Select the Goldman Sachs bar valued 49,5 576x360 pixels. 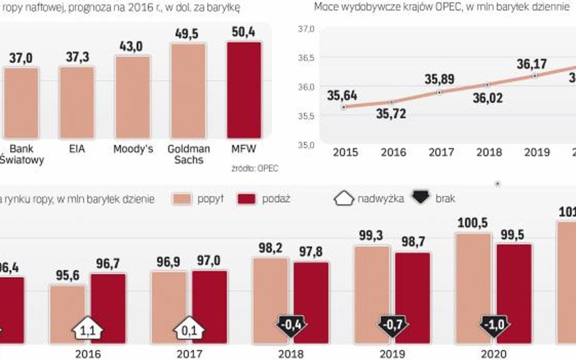(188, 90)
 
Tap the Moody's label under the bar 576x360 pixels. (132, 149)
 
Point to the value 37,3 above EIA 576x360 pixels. (77, 57)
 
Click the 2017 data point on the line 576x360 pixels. (439, 93)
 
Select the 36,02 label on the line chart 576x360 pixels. (487, 98)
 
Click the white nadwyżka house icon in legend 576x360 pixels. (344, 199)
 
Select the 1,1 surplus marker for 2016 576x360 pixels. (87, 330)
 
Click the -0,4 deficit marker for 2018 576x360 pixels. (289, 324)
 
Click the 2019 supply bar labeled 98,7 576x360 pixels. (412, 297)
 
